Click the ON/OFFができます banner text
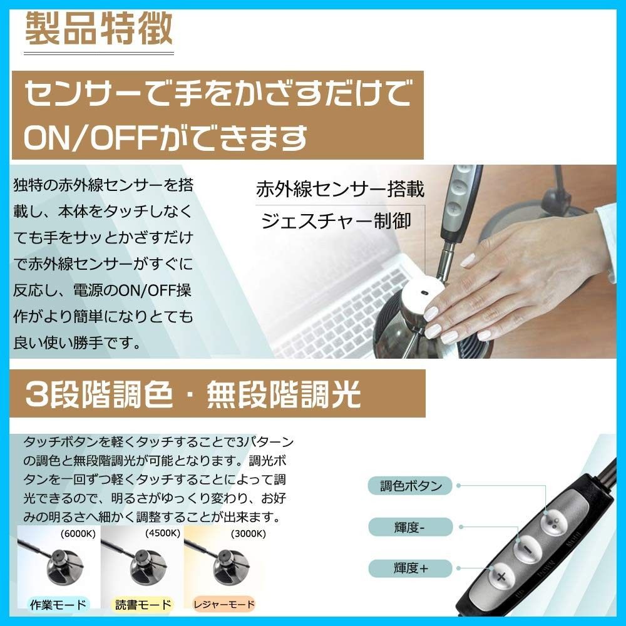(x=166, y=137)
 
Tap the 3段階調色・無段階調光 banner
(x=193, y=394)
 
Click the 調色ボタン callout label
(x=411, y=485)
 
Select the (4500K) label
(x=162, y=534)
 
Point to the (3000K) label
(x=247, y=534)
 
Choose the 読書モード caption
(x=143, y=605)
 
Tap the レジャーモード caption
(x=223, y=605)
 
